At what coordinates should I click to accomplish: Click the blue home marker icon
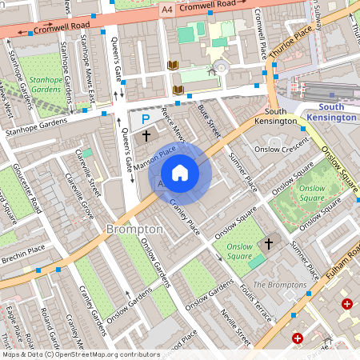tap(180, 173)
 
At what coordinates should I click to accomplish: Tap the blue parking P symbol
tap(146, 119)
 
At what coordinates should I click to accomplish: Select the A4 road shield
tap(166, 10)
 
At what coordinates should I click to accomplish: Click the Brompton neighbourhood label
tap(134, 229)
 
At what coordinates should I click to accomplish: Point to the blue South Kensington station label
tap(337, 112)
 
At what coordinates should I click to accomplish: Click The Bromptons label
tap(279, 285)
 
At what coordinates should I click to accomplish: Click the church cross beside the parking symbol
tap(146, 137)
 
